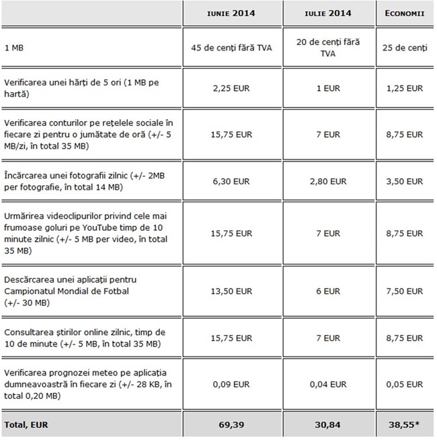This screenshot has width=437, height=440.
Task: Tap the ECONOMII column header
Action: (405, 13)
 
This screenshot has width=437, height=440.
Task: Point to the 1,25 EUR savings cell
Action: (405, 87)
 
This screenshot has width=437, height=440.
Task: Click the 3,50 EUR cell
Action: (405, 181)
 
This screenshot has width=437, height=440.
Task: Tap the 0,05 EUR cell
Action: (405, 384)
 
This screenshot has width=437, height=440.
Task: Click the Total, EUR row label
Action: (26, 425)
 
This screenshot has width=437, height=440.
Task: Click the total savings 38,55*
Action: (405, 425)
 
